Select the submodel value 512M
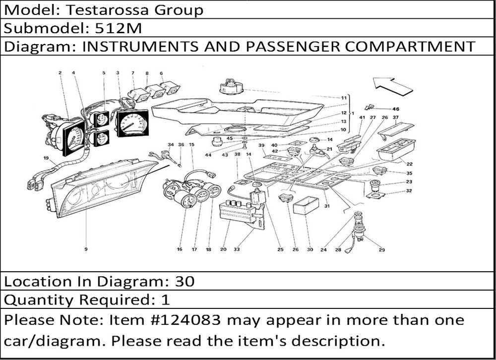(119, 28)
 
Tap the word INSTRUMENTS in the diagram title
(140, 47)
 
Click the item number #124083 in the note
(186, 320)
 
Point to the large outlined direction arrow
(392, 85)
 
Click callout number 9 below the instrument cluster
(86, 249)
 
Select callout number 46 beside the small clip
(396, 109)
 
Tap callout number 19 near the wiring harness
(46, 158)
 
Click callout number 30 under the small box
(310, 249)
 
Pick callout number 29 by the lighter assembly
(382, 250)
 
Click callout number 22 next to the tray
(409, 164)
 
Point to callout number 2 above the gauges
(60, 73)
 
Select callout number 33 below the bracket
(237, 249)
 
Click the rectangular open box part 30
(306, 206)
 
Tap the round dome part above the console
(232, 86)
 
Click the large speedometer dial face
(133, 124)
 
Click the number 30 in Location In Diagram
(185, 281)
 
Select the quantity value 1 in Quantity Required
(166, 300)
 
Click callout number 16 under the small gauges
(180, 249)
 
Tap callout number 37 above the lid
(395, 118)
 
